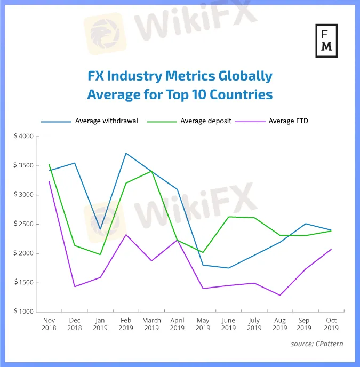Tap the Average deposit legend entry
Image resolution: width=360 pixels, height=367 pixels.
pos(205,121)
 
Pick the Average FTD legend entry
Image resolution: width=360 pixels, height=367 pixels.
pos(288,121)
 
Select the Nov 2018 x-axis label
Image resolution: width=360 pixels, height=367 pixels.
pos(49,324)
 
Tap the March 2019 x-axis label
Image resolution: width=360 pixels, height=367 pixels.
pos(151,324)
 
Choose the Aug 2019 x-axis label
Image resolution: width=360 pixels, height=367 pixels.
pos(279,324)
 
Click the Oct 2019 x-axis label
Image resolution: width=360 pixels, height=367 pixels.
pos(331,324)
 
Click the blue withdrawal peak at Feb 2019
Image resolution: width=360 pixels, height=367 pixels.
pos(126,154)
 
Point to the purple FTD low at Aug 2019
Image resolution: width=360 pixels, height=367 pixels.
pos(279,295)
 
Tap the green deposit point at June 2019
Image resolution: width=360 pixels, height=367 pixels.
pos(228,217)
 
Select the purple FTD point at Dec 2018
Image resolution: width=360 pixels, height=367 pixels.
pos(75,286)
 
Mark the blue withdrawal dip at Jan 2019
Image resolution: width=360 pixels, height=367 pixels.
pos(100,229)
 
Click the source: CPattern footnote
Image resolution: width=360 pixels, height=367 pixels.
pos(317,344)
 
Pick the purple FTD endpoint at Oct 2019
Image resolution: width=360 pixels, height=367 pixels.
pos(331,249)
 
